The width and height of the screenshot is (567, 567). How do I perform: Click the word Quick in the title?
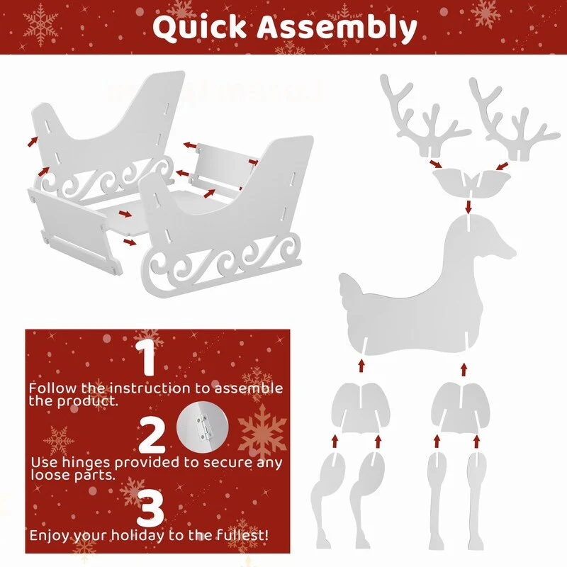[x=199, y=28]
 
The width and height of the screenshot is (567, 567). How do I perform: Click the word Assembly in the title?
[x=337, y=28]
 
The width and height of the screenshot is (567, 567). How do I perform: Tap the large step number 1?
[x=147, y=358]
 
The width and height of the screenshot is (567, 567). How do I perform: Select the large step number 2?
[x=152, y=435]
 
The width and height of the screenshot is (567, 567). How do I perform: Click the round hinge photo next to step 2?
[x=202, y=427]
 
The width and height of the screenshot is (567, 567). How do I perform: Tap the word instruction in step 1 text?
[x=150, y=388]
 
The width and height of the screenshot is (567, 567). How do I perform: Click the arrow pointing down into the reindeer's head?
[x=468, y=206]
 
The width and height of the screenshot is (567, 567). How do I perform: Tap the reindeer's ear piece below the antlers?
[x=472, y=184]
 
